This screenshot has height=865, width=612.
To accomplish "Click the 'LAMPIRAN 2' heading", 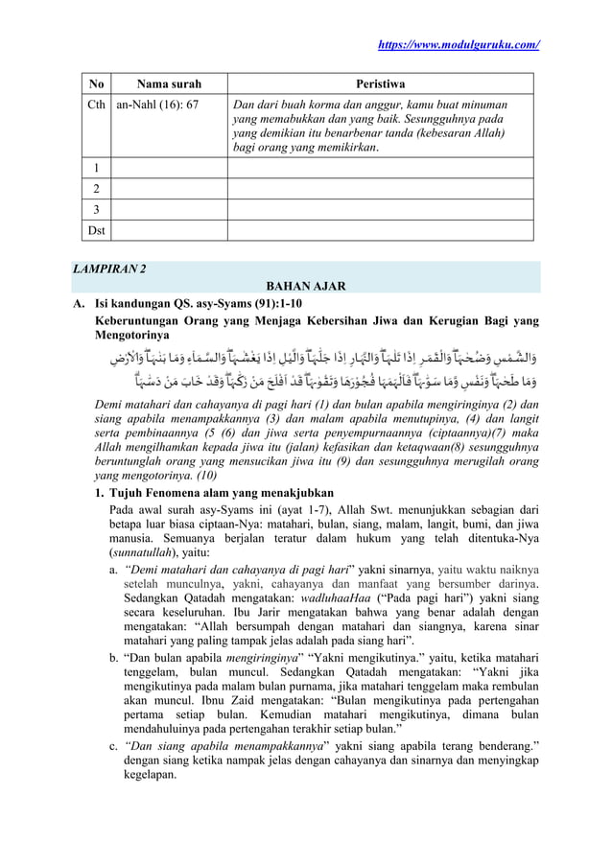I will point(112,269).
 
